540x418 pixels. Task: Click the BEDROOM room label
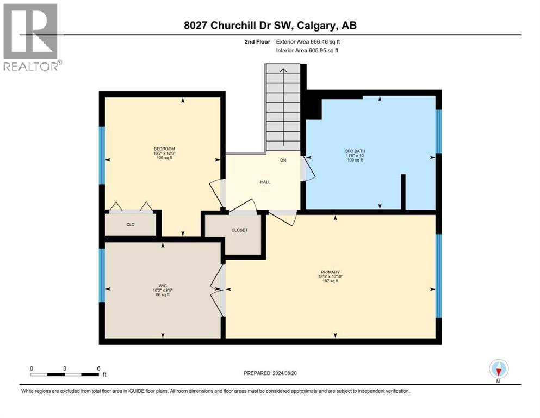(x=164, y=149)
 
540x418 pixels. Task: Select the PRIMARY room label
(x=330, y=272)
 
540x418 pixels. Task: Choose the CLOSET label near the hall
(x=239, y=230)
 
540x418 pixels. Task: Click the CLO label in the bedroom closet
(x=131, y=224)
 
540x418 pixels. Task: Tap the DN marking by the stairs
(x=283, y=161)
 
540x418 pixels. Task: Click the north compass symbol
(x=498, y=370)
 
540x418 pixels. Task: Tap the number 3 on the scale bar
(x=65, y=368)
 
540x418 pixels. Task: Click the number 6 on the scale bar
(x=98, y=368)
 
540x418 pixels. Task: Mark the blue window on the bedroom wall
(x=101, y=155)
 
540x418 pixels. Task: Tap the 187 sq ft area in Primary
(x=330, y=281)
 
